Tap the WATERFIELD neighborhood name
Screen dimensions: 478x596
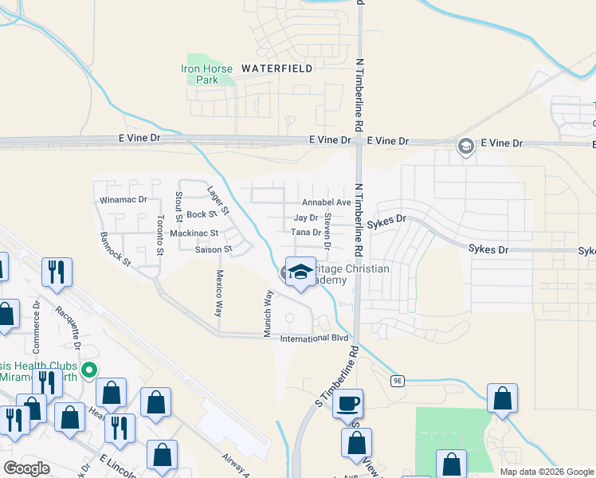coord(276,69)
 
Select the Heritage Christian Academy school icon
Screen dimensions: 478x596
coord(300,272)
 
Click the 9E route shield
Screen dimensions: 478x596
coord(398,381)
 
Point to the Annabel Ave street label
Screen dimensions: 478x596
coord(326,202)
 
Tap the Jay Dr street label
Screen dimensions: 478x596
coord(305,217)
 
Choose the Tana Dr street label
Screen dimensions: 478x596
coord(305,233)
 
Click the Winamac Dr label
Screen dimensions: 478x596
coord(121,199)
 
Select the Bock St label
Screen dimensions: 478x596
coord(202,215)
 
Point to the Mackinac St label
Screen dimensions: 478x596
coord(194,233)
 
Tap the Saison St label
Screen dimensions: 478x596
coord(213,249)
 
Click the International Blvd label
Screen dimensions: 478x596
coord(315,339)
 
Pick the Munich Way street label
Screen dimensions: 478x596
coord(269,313)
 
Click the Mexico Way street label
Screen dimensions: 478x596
coord(219,292)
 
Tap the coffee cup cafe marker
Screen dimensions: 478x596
coord(347,403)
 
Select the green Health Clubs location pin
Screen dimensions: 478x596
coord(90,370)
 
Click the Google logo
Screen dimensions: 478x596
coord(27,468)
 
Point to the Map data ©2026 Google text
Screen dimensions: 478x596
coord(546,472)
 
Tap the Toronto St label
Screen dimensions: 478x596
coord(160,234)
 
